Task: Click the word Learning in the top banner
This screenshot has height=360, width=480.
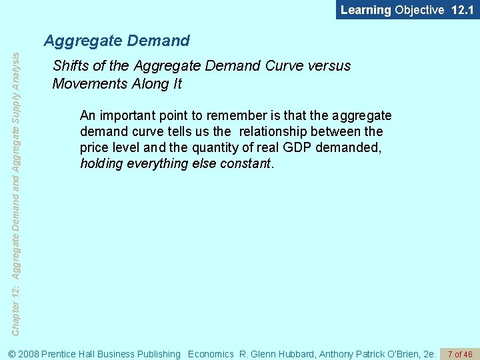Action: coord(365,10)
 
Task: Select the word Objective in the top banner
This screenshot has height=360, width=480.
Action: coord(419,10)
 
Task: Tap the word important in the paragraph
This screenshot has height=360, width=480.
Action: coord(127,116)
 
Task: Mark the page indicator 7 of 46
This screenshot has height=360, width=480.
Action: coord(460,354)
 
